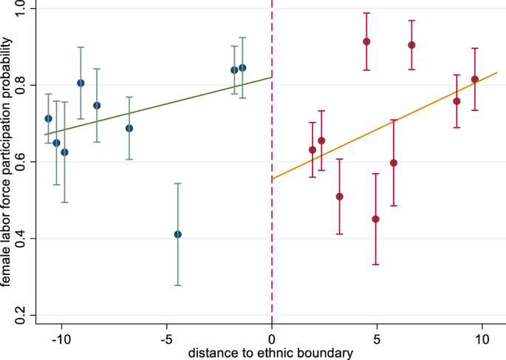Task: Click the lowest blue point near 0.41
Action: click(177, 234)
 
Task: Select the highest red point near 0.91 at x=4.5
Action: click(366, 41)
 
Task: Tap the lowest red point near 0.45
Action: click(376, 219)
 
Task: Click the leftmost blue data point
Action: click(48, 118)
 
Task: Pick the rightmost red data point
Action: click(475, 79)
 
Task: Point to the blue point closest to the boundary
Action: click(242, 68)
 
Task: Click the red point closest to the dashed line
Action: click(312, 150)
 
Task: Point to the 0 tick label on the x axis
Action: click(272, 339)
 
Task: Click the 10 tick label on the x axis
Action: click(482, 339)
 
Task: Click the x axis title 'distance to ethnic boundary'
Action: click(271, 353)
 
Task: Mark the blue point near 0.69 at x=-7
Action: click(129, 128)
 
